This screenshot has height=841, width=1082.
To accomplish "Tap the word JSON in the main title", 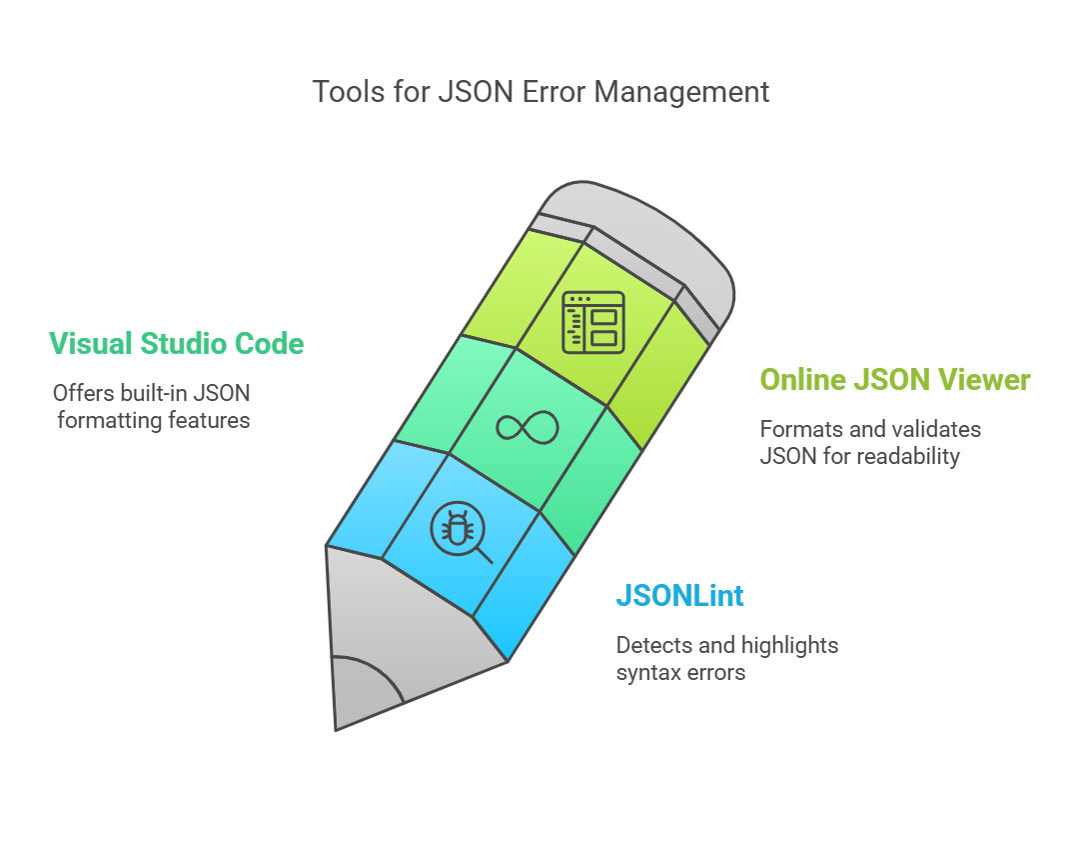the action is pyautogui.click(x=477, y=92).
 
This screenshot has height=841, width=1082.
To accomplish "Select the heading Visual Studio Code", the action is pyautogui.click(x=177, y=344).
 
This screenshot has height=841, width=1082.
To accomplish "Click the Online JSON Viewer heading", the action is pyautogui.click(x=895, y=380).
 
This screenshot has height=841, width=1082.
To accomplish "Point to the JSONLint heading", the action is pyautogui.click(x=679, y=596).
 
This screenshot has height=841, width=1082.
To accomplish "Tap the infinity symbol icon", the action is pyautogui.click(x=528, y=427).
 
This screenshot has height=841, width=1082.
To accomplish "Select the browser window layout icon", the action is pyautogui.click(x=593, y=322).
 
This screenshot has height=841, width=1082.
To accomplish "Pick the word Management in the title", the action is pyautogui.click(x=681, y=93).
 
